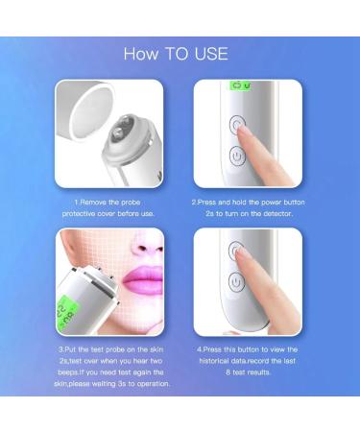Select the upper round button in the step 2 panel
click(x=238, y=124)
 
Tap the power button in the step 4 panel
click(x=232, y=282)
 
